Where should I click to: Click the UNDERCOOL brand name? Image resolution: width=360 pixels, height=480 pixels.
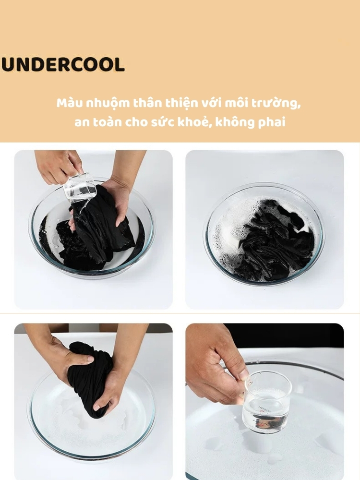63,64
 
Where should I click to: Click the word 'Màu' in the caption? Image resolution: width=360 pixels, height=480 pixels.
70,103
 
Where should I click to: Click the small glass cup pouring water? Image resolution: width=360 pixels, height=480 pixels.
80,187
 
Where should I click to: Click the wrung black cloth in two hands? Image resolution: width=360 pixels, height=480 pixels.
89,376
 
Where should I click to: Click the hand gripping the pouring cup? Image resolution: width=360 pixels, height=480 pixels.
58,167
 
